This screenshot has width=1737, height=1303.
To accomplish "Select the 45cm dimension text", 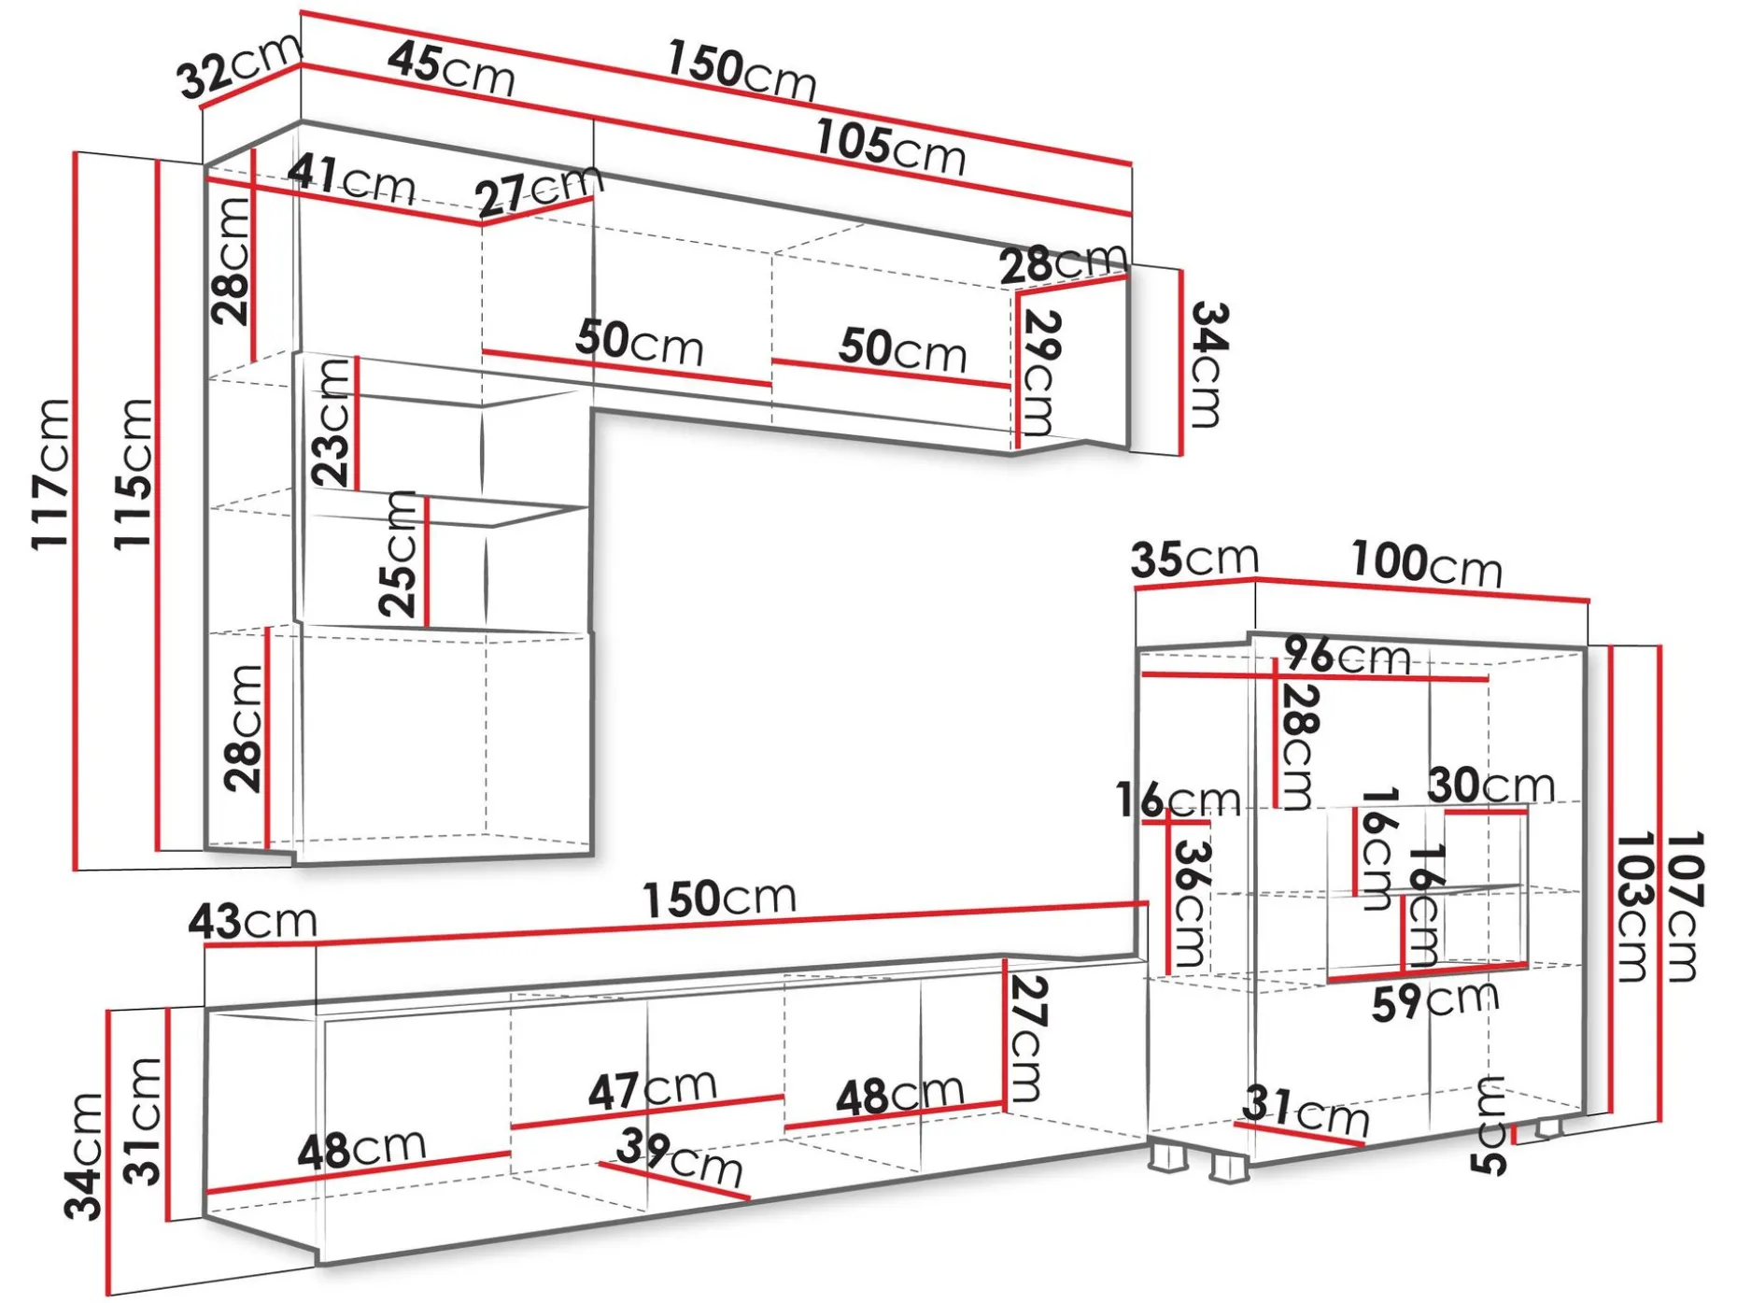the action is pos(451,68).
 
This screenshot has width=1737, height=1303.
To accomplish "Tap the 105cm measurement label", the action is pos(891,148).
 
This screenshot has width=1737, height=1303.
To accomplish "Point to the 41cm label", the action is pos(351,179).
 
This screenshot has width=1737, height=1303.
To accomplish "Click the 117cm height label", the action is pos(50,474).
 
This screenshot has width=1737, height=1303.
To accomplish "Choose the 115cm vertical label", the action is pos(133,474).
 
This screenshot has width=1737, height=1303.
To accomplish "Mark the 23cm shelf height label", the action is pos(332,422).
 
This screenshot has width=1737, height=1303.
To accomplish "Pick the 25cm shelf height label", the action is pos(399,553).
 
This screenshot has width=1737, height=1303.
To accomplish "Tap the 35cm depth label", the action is pos(1194,559).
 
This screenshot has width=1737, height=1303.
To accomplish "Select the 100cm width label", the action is pos(1426,563).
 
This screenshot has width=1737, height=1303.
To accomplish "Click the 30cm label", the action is pos(1491,785).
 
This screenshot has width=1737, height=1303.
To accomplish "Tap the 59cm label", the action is pos(1435,1001).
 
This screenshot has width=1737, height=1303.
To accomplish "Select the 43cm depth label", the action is pos(253,921).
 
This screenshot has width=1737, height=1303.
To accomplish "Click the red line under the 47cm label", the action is pos(647,1112).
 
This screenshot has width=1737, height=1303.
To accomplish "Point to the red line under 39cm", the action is pos(673,1181).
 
